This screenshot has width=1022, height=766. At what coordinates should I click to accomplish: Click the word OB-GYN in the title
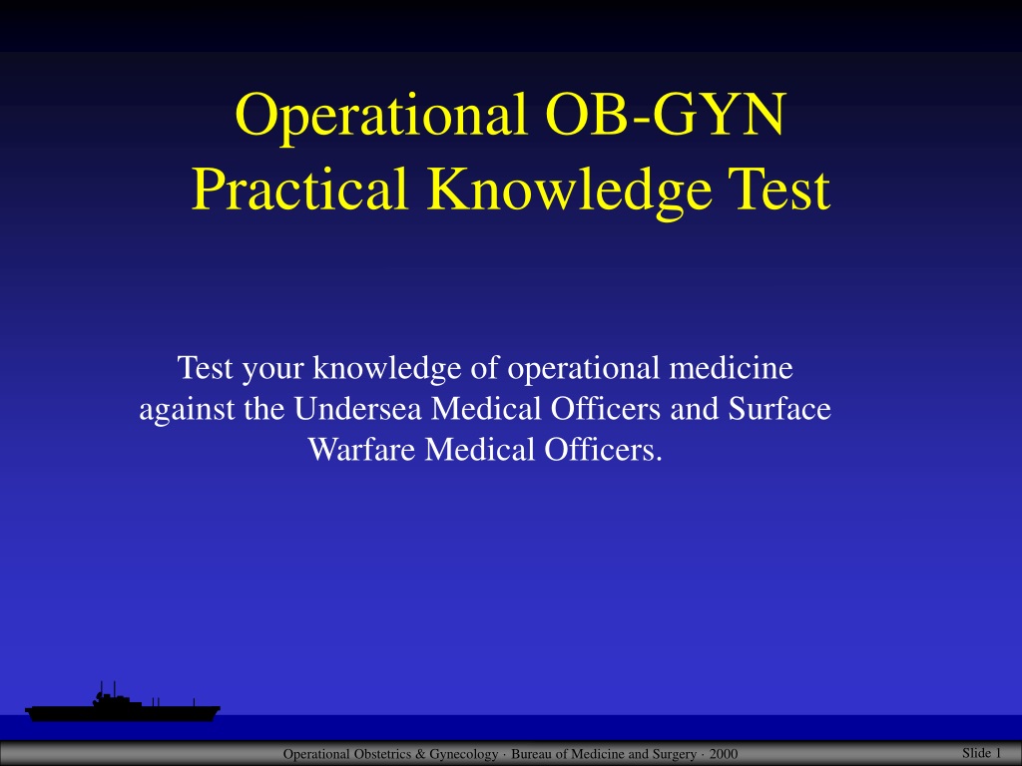(x=666, y=114)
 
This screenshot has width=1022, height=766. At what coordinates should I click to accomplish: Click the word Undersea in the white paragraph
(x=358, y=408)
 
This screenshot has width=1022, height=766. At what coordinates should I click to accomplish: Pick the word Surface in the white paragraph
(x=779, y=408)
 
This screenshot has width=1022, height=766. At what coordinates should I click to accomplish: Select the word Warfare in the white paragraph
(x=361, y=450)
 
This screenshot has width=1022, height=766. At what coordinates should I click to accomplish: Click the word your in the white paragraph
(x=272, y=370)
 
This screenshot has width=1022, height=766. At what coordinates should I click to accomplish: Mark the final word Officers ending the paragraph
(x=604, y=450)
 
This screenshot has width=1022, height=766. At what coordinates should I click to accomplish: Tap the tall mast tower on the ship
(x=101, y=690)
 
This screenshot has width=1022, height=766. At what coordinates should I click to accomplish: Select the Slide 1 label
(x=981, y=752)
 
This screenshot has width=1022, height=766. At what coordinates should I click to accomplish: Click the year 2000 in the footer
(x=724, y=754)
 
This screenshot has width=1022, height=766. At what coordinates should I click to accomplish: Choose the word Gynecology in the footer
(x=463, y=755)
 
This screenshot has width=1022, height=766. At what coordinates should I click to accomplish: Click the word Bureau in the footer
(x=531, y=754)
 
